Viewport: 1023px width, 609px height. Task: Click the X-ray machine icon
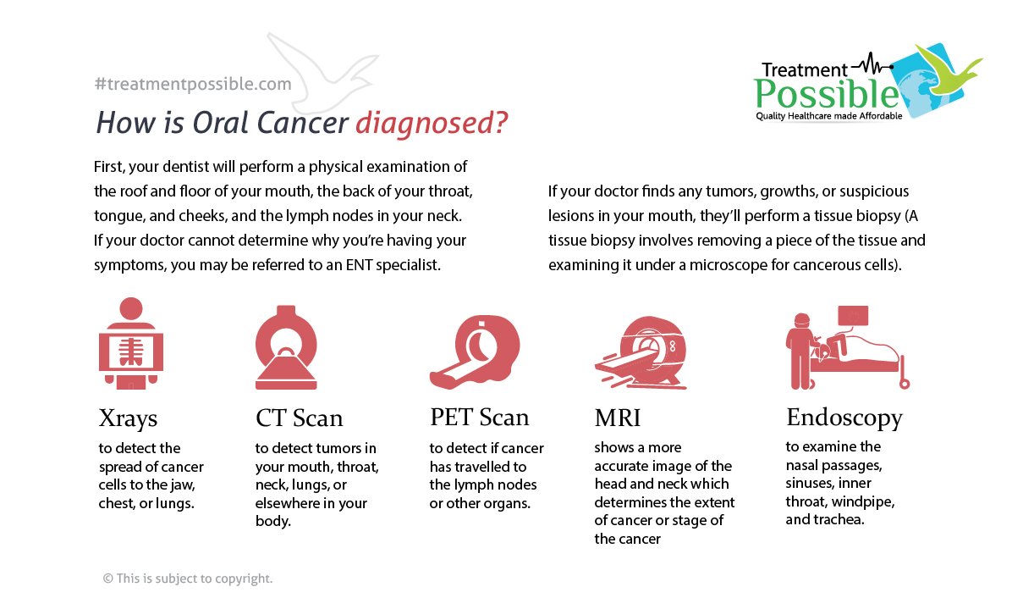click(x=131, y=343)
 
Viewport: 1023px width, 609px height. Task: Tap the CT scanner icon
click(x=285, y=348)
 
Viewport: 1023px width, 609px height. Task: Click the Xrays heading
click(x=129, y=418)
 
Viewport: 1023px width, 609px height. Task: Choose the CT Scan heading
click(x=299, y=418)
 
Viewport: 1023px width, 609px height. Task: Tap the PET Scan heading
click(x=479, y=418)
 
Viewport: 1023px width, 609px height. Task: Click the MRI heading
click(x=618, y=418)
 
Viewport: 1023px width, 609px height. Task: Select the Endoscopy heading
click(x=844, y=418)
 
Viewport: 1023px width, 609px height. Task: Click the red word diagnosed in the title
click(x=432, y=124)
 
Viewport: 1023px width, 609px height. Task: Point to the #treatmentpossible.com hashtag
click(x=193, y=84)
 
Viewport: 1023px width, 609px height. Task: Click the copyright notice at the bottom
click(x=188, y=579)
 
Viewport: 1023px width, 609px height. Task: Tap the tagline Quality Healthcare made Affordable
click(x=828, y=115)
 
